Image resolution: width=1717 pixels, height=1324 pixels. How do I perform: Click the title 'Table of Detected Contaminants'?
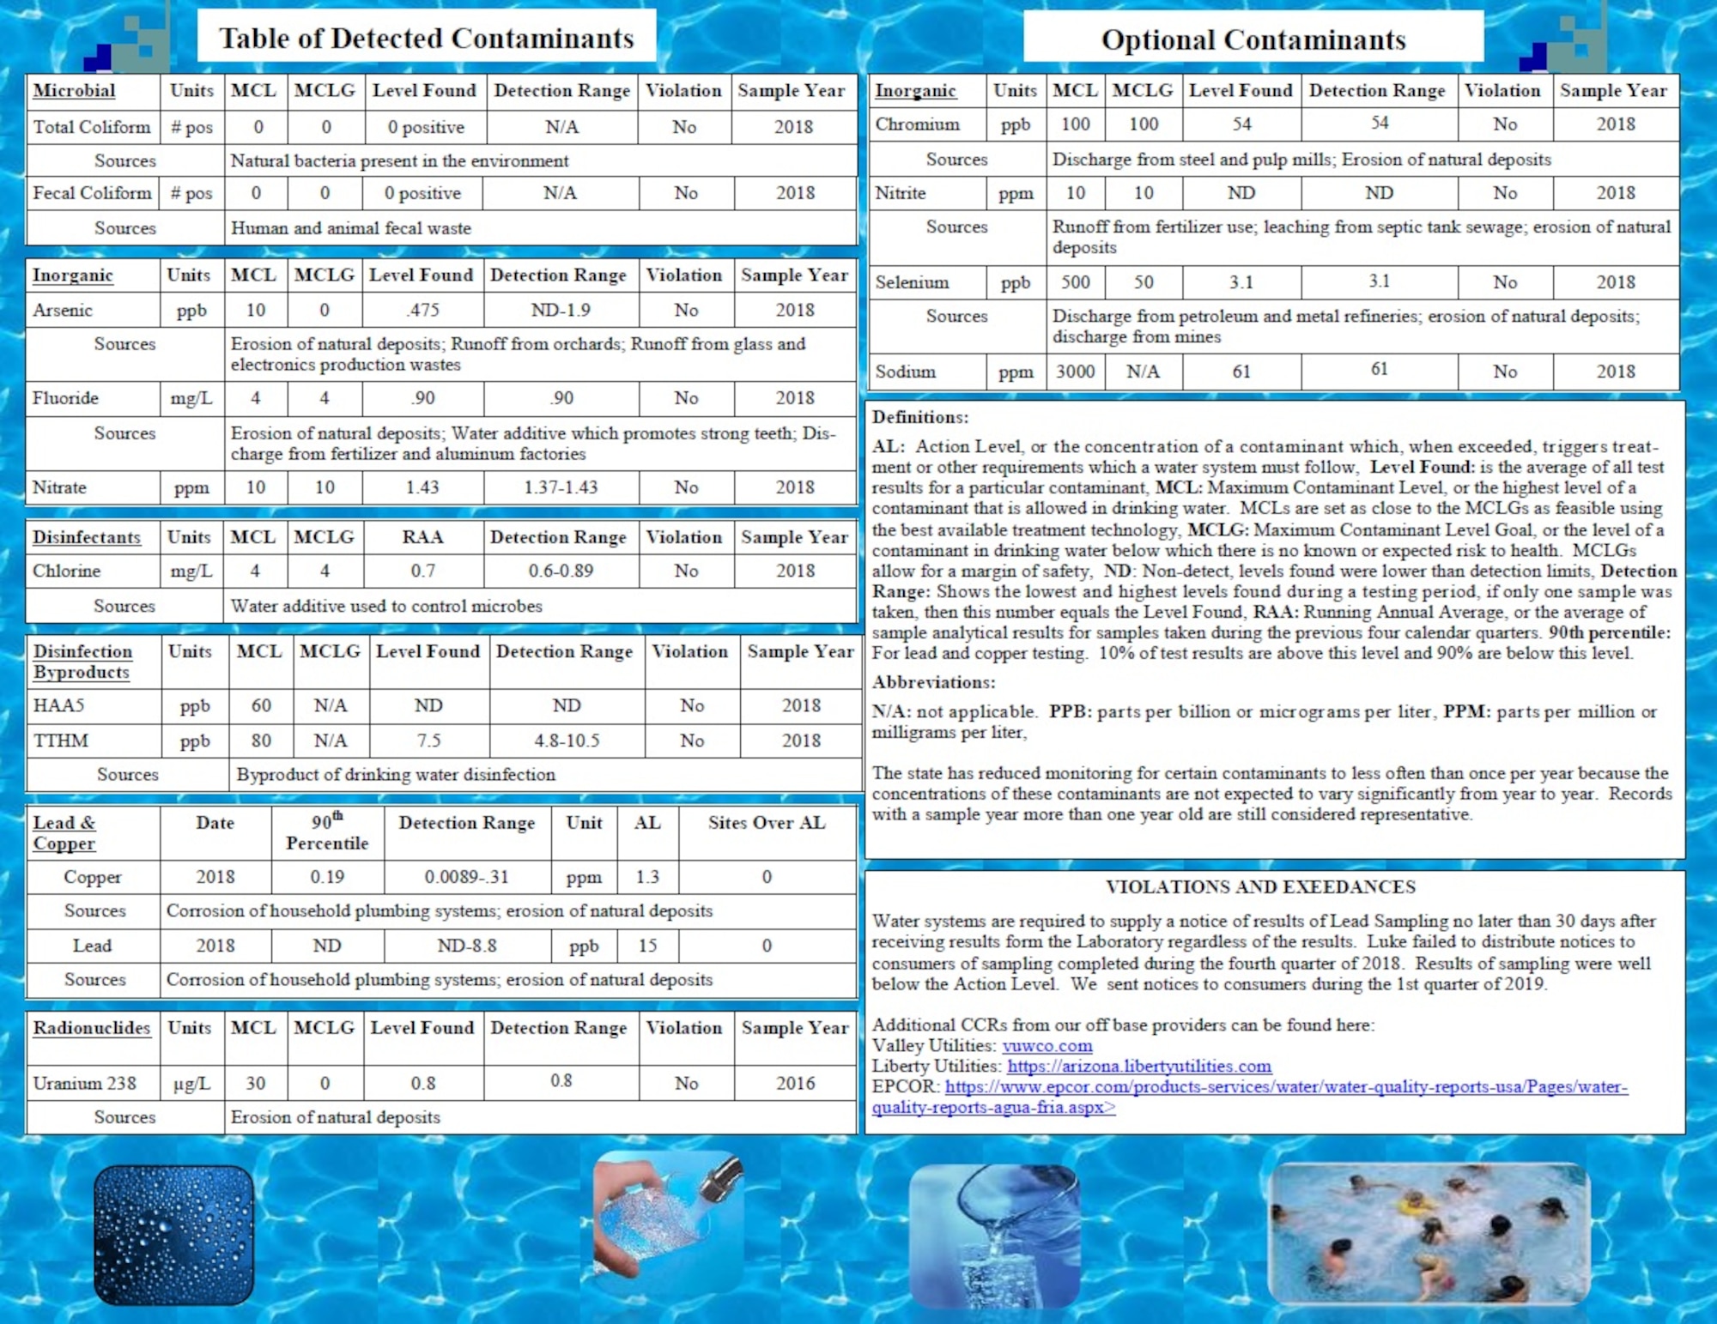[427, 39]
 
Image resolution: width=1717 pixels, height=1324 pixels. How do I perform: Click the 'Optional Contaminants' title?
[1253, 39]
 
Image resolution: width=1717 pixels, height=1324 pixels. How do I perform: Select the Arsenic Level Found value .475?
[422, 311]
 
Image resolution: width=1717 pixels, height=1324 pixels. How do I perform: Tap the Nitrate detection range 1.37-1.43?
[561, 487]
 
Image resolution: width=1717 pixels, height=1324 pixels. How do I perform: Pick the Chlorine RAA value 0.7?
[422, 571]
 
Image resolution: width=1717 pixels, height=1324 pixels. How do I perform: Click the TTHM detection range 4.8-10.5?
[567, 741]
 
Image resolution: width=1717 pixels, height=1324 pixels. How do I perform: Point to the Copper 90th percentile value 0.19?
[327, 877]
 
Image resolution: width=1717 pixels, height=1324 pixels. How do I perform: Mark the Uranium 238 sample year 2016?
[795, 1083]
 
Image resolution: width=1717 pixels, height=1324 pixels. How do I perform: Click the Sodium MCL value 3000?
[1075, 372]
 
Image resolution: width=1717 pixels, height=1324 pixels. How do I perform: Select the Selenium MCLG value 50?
[1143, 282]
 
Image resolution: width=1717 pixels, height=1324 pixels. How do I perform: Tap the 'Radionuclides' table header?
[92, 1028]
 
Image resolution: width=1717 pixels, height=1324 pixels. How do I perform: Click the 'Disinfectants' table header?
[87, 537]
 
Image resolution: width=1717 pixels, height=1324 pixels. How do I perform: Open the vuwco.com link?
[1047, 1046]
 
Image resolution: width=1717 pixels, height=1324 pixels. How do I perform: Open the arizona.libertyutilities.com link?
[1139, 1067]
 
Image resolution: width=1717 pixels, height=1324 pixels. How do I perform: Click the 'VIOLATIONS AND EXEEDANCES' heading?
[1260, 887]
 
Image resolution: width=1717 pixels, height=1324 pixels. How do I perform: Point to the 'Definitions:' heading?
[919, 417]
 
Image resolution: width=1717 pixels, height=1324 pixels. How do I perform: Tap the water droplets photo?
[173, 1234]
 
